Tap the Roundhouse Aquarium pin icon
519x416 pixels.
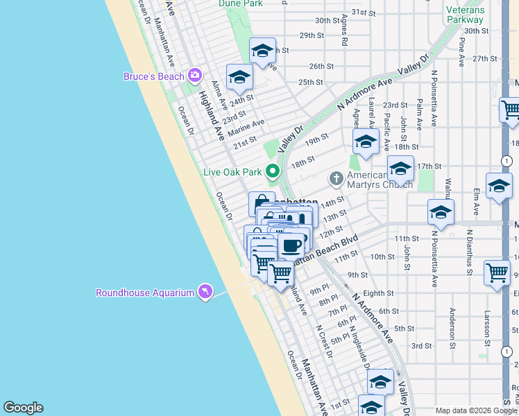(205, 292)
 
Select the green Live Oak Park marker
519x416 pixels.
(273, 171)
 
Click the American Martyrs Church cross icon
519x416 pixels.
(337, 179)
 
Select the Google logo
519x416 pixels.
(23, 408)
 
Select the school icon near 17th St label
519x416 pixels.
(400, 168)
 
